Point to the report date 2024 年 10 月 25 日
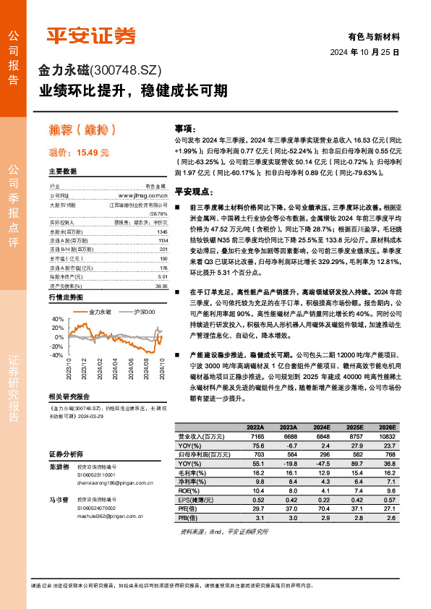click(x=365, y=53)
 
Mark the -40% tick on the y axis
click(x=56, y=355)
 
